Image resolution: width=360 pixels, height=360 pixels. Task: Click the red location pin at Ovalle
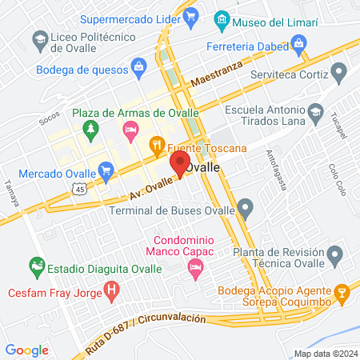[178, 166]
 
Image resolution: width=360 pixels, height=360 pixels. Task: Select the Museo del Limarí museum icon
[223, 19]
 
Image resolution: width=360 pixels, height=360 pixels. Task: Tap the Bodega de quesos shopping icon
[138, 65]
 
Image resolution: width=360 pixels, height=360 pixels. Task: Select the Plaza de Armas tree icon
[90, 129]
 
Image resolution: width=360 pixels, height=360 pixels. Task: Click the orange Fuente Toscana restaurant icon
[157, 146]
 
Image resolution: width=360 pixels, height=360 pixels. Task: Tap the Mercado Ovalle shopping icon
[106, 170]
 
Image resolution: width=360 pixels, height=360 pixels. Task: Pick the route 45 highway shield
[77, 189]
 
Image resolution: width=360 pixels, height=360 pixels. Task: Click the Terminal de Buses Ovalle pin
[246, 210]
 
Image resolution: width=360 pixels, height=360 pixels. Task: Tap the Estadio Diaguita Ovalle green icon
[36, 263]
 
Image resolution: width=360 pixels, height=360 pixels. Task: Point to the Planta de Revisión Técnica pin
[335, 256]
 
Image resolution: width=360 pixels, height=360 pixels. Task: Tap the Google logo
[26, 350]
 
